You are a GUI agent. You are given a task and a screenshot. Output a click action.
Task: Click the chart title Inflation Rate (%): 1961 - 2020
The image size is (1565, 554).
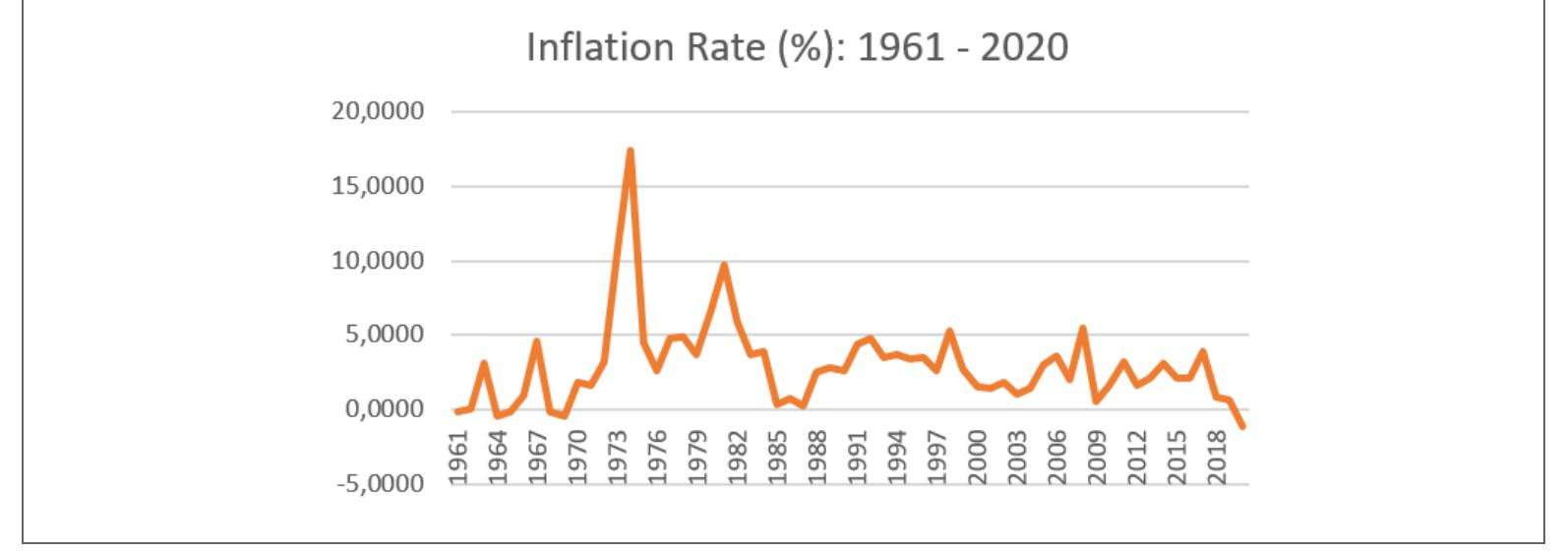click(x=797, y=47)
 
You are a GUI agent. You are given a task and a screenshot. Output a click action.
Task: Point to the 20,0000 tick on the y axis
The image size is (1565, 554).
click(x=379, y=111)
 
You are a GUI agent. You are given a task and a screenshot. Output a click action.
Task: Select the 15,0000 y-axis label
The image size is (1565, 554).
click(x=379, y=186)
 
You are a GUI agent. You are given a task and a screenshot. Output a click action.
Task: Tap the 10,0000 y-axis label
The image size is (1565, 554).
click(x=379, y=261)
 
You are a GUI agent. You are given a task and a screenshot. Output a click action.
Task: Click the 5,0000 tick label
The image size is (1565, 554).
click(x=384, y=335)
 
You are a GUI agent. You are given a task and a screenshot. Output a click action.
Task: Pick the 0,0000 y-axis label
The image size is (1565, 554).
click(x=384, y=409)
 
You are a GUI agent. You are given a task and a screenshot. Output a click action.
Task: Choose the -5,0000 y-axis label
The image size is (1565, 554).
click(x=379, y=484)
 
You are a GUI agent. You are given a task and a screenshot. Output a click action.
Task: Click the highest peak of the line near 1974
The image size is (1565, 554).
click(x=630, y=152)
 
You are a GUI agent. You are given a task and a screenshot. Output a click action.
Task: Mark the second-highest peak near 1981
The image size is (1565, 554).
click(x=723, y=265)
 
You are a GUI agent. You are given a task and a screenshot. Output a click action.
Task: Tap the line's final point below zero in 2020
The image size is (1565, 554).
click(x=1242, y=426)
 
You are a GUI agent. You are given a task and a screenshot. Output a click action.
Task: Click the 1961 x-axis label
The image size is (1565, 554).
click(x=457, y=458)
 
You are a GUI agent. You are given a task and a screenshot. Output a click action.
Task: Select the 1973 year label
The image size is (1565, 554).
click(x=618, y=458)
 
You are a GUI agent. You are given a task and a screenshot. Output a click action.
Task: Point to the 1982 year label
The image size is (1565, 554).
click(x=738, y=458)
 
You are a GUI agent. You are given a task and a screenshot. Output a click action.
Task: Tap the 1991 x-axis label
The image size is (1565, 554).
click(x=858, y=458)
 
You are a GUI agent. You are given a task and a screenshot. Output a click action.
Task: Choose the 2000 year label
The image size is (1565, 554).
click(x=978, y=458)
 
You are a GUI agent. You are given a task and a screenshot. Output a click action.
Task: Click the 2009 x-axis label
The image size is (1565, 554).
click(x=1098, y=458)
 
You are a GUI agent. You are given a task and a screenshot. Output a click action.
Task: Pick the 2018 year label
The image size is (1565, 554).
click(x=1218, y=458)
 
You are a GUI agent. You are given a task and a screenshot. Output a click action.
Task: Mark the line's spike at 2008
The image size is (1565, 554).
click(x=1082, y=329)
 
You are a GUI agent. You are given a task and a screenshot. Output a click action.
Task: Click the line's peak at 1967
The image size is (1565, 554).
click(x=537, y=341)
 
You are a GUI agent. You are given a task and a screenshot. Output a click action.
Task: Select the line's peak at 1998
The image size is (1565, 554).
click(x=949, y=332)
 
